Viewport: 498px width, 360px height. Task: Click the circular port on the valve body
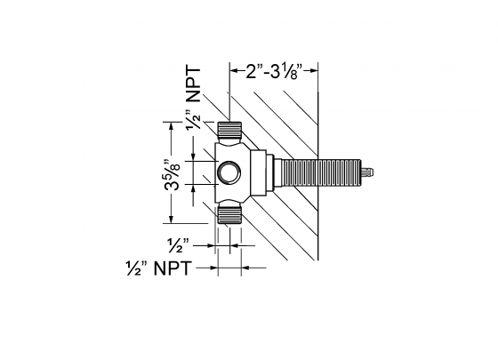coord(229,171)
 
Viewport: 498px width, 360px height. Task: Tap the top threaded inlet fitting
coord(229,132)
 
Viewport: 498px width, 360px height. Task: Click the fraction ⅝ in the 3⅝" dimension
coord(181,165)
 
